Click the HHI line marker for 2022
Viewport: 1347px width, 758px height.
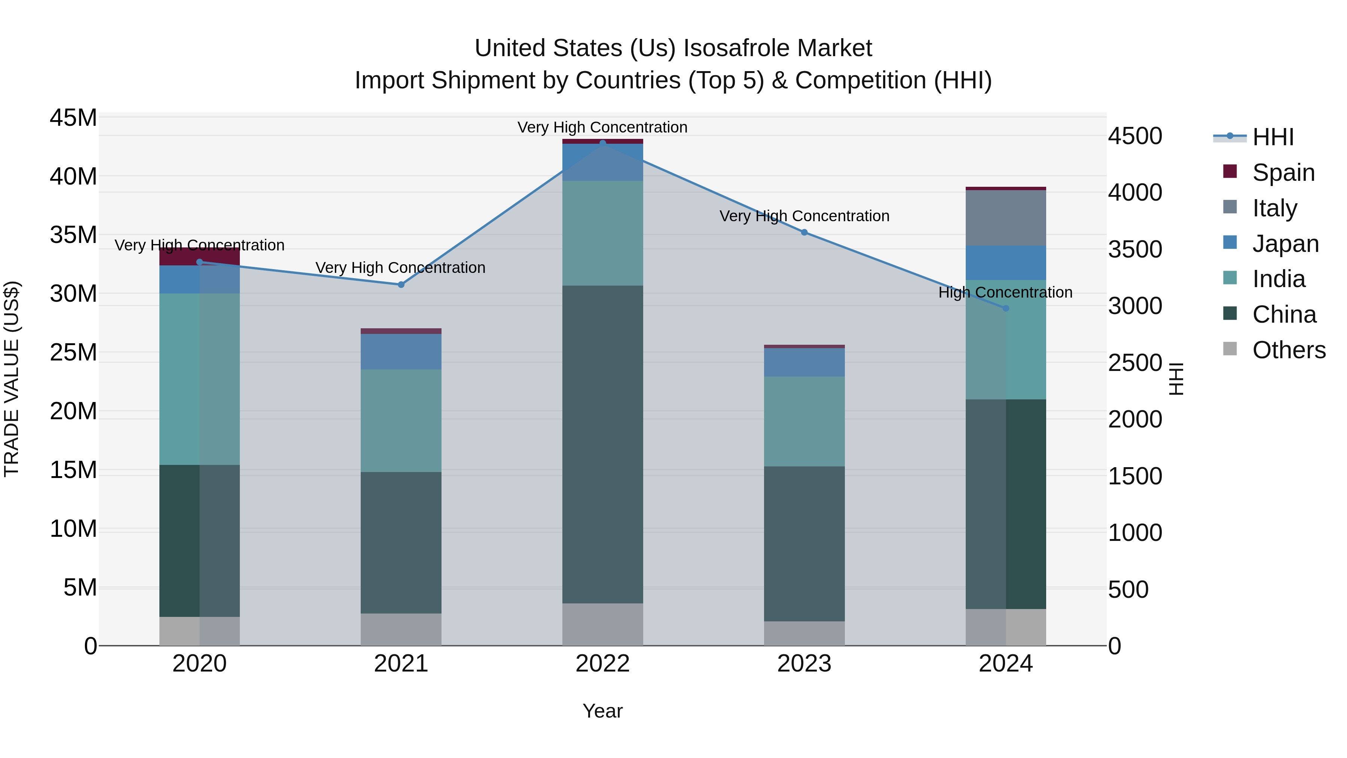pos(602,143)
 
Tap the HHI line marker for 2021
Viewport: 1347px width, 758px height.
pos(401,284)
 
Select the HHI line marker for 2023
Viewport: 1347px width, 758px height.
pos(804,232)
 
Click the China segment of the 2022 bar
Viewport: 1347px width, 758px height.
pos(602,445)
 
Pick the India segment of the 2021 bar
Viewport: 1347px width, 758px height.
pos(401,421)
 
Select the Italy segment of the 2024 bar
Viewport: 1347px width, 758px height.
pos(1005,217)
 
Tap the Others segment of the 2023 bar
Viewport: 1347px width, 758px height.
pos(804,633)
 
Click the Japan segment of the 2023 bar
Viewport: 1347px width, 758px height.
pos(804,362)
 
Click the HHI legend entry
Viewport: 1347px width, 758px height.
pos(1273,137)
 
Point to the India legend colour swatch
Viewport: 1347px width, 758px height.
pos(1230,278)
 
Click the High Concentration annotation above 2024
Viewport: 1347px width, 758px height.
pos(1005,292)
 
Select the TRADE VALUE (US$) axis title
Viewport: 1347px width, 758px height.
pos(12,379)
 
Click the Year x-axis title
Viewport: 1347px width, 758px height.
pos(602,711)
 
